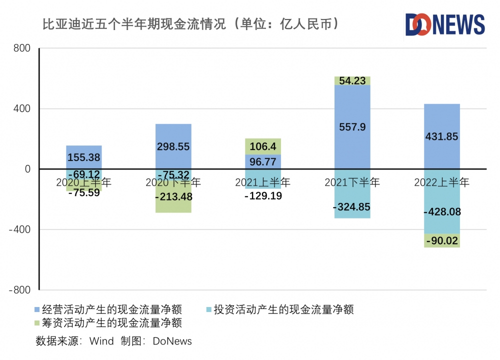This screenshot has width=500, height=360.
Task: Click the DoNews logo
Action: [444, 24]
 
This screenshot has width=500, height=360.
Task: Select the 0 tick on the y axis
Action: [27, 169]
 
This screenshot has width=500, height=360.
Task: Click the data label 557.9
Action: [352, 127]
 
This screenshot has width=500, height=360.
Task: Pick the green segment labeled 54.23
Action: [352, 80]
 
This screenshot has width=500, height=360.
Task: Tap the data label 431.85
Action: [441, 136]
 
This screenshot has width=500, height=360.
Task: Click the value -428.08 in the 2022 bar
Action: [441, 212]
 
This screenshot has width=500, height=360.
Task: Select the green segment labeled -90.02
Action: [441, 241]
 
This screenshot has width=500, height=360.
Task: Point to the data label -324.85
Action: [352, 206]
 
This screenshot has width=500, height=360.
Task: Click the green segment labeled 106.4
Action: [263, 146]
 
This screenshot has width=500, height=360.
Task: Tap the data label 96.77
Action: [263, 162]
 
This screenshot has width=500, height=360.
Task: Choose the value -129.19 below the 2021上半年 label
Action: [263, 196]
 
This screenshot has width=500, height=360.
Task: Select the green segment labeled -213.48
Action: [173, 197]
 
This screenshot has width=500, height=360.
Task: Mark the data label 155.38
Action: [83, 157]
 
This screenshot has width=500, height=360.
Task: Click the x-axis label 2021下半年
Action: [352, 182]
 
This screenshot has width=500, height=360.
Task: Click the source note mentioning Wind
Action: [114, 341]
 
